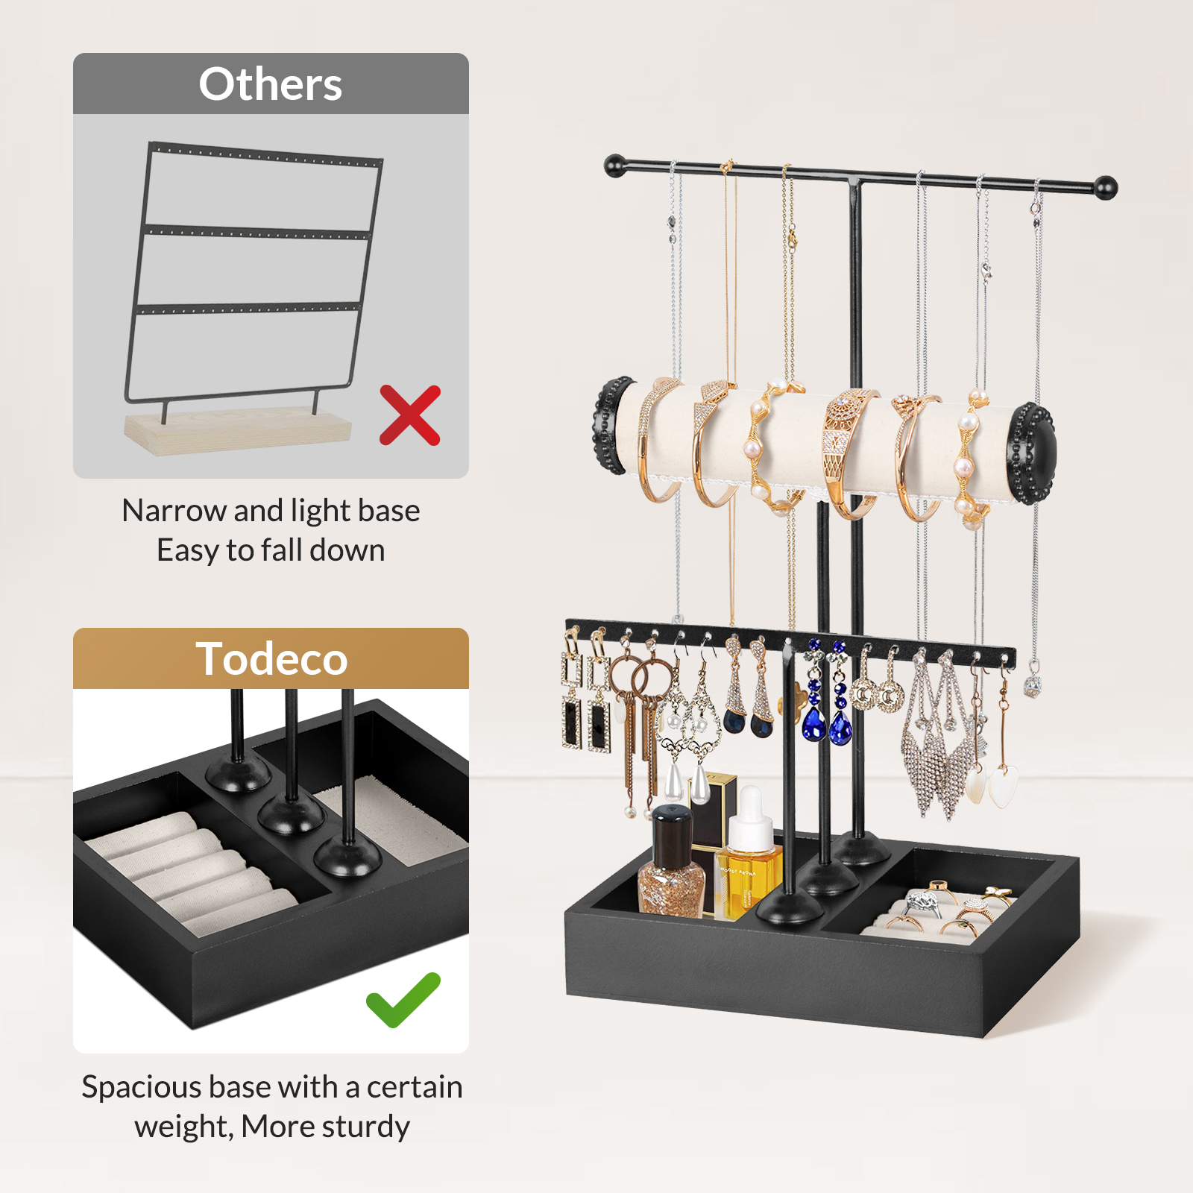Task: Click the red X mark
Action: click(x=410, y=415)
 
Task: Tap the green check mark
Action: click(x=403, y=1000)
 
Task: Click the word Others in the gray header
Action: click(x=271, y=84)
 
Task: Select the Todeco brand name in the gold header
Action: click(x=271, y=659)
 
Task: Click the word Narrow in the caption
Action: click(x=174, y=511)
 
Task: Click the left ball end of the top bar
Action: click(x=615, y=165)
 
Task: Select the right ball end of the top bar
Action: click(x=1106, y=187)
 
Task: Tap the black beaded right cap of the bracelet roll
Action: click(x=1033, y=453)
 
